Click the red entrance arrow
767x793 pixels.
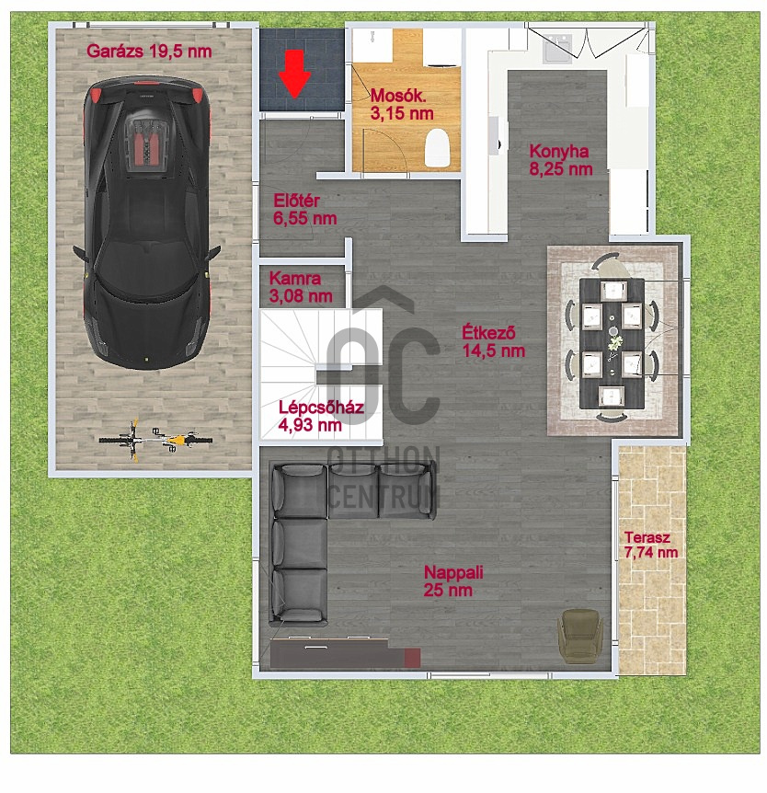point(294,74)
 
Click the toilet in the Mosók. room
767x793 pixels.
point(439,148)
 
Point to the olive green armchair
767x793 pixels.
point(579,636)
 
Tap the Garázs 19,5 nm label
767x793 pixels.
point(149,52)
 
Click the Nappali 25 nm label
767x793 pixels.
point(453,580)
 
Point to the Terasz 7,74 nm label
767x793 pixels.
point(650,545)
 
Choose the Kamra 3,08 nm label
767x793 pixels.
point(300,287)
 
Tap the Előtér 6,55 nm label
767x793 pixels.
point(304,210)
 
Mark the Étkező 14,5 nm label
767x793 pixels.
point(493,341)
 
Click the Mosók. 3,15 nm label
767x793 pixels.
point(401,104)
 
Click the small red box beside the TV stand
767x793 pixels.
point(412,657)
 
